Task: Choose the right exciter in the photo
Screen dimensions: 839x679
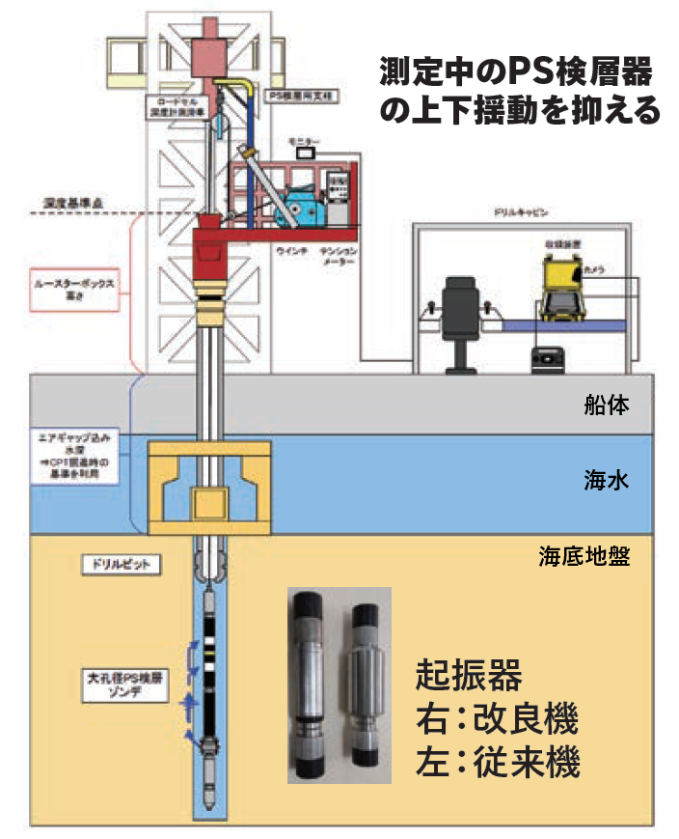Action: click(x=367, y=685)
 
